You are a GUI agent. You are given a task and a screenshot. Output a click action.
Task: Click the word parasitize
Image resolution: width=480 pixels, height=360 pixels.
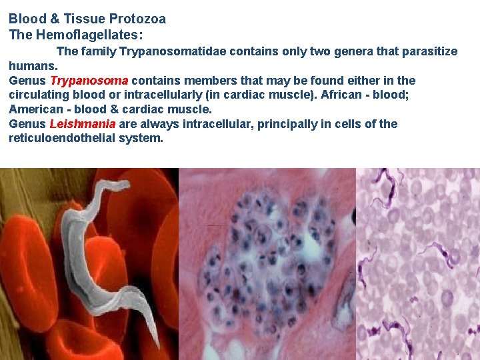coord(427,51)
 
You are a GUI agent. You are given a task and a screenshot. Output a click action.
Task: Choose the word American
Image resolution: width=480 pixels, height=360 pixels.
coord(37,109)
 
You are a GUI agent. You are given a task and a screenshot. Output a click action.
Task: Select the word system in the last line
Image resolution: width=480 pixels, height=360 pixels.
coord(145,138)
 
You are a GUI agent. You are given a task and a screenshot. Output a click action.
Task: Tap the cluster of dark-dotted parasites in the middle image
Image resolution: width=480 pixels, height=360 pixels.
coord(273,253)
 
